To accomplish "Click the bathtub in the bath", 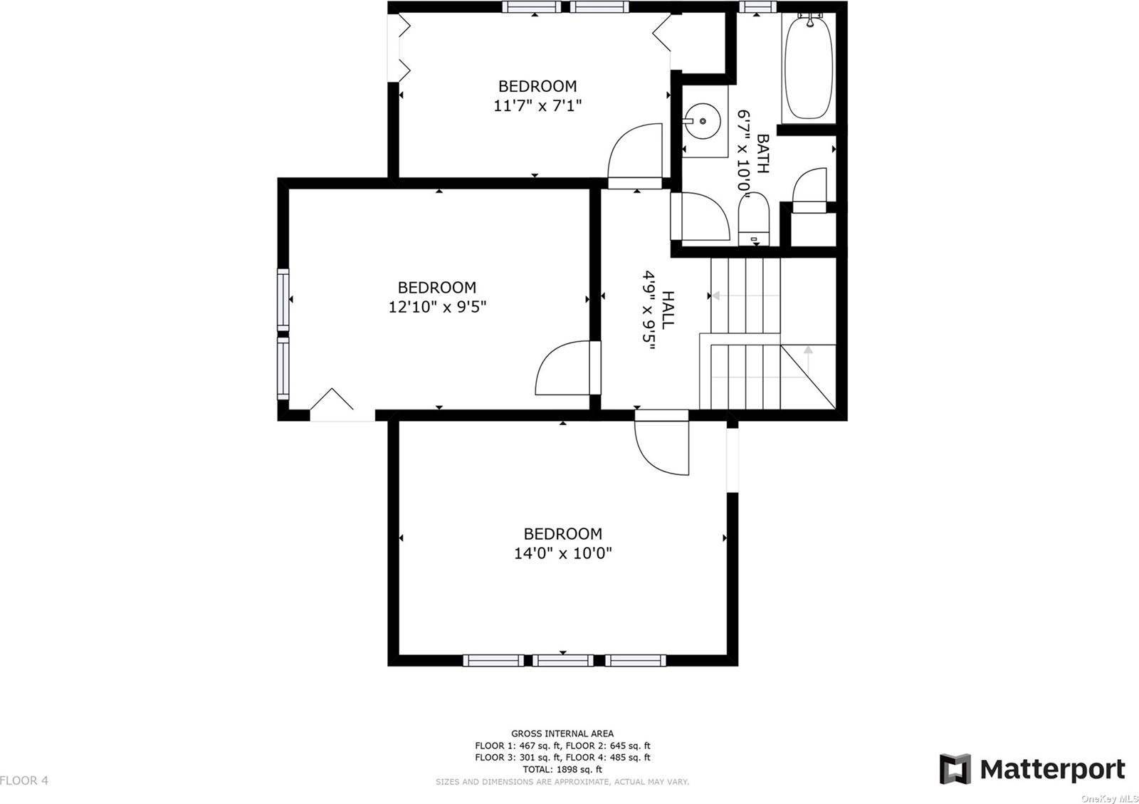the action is pyautogui.click(x=809, y=67).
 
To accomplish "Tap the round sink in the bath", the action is pyautogui.click(x=702, y=121).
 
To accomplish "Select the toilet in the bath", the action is pyautogui.click(x=754, y=219).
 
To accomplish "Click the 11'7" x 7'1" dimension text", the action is pyautogui.click(x=537, y=106).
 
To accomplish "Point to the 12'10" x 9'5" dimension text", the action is pyautogui.click(x=437, y=307).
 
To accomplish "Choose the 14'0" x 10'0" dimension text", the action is pyautogui.click(x=563, y=553).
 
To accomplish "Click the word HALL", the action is pyautogui.click(x=668, y=310).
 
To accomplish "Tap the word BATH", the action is pyautogui.click(x=762, y=154).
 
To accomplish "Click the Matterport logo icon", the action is pyautogui.click(x=955, y=769).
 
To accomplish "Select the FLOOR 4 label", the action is pyautogui.click(x=24, y=780).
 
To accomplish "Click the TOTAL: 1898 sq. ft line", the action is pyautogui.click(x=562, y=769).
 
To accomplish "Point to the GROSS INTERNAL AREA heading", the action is pyautogui.click(x=562, y=733).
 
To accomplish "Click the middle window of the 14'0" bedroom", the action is pyautogui.click(x=563, y=661).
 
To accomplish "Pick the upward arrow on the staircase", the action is pyautogui.click(x=808, y=362).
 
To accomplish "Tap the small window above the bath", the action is pyautogui.click(x=757, y=6).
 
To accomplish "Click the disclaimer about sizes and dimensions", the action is pyautogui.click(x=562, y=782).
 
